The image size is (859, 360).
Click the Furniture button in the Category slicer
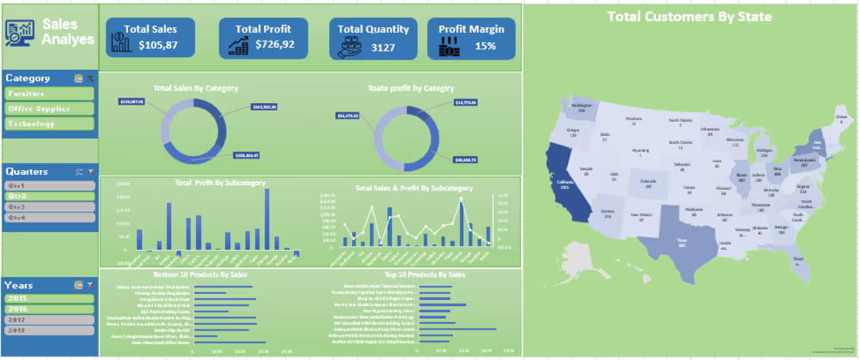pyautogui.click(x=49, y=94)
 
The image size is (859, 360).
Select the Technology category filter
pyautogui.click(x=49, y=124)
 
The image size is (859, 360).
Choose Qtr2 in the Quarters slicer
pyautogui.click(x=49, y=197)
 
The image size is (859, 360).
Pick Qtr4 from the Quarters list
pyautogui.click(x=49, y=218)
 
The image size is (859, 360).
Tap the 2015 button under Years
pyautogui.click(x=49, y=298)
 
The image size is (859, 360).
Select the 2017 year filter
pyautogui.click(x=49, y=319)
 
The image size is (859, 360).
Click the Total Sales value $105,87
pyautogui.click(x=158, y=45)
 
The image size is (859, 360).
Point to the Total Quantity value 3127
pyautogui.click(x=383, y=47)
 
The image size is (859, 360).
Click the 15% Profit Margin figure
pyautogui.click(x=485, y=46)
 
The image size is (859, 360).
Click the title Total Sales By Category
pyautogui.click(x=195, y=88)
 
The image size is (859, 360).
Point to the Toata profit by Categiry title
pyautogui.click(x=411, y=88)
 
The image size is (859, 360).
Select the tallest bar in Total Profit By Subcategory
pyautogui.click(x=267, y=219)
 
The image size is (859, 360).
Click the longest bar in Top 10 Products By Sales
pyautogui.click(x=458, y=330)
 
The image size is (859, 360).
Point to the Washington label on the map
pyautogui.click(x=582, y=106)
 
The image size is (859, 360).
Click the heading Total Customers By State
pyautogui.click(x=690, y=16)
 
